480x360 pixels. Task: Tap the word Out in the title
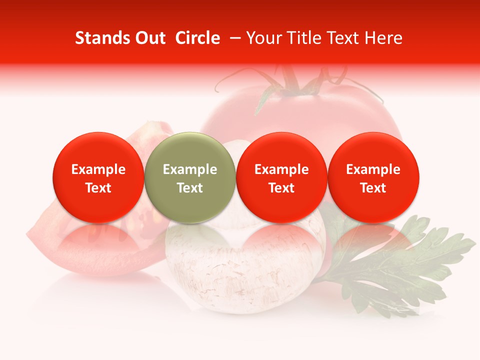[x=149, y=38]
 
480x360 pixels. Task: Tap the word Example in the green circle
[x=190, y=169]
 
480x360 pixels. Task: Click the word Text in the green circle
[x=190, y=188]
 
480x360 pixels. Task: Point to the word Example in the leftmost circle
[x=98, y=169]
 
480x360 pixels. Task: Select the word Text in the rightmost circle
[x=373, y=188]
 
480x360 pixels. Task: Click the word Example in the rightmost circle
[x=373, y=169]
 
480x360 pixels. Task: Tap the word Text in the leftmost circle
[x=98, y=188]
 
